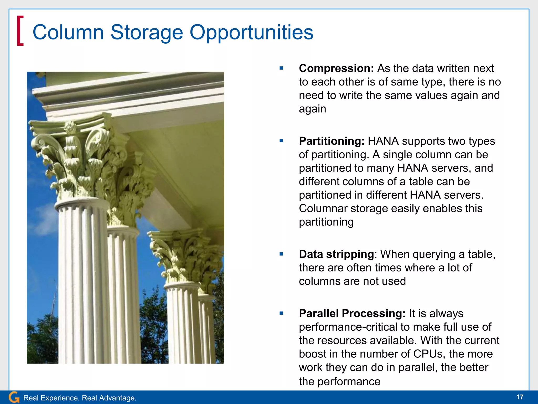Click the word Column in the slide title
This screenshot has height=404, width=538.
[68, 32]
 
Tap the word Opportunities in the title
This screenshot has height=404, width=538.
[251, 32]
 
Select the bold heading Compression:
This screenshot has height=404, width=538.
[336, 68]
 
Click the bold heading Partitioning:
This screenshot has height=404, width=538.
[332, 141]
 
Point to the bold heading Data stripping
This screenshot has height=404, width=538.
[336, 254]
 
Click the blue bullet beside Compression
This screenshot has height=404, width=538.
[281, 68]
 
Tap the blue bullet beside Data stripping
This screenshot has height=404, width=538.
[281, 254]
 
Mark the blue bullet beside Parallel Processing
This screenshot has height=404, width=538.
[281, 313]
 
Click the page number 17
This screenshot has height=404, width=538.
[520, 397]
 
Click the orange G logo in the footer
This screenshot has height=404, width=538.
[14, 397]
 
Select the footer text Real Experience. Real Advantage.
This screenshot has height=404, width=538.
[80, 398]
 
